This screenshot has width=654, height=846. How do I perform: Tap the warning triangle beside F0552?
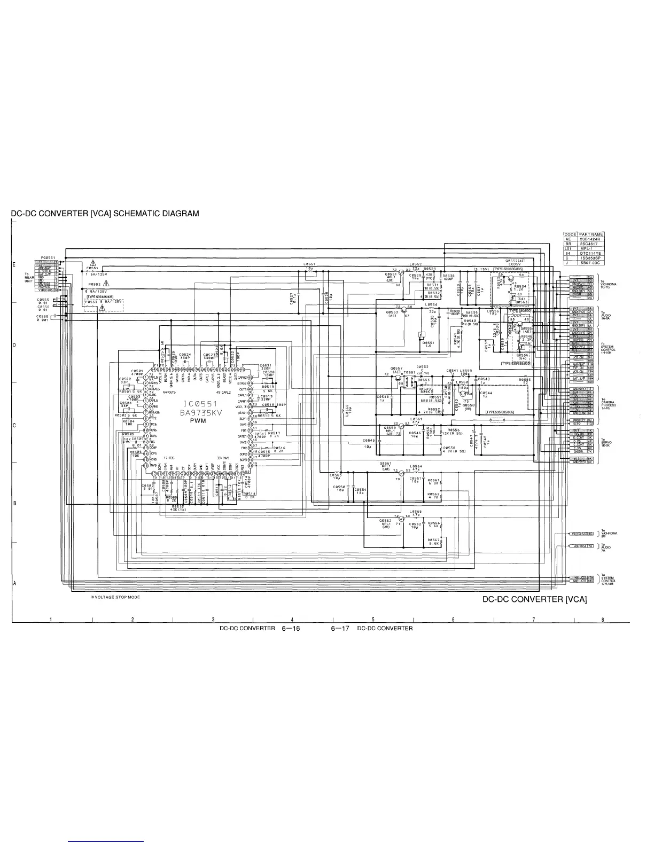106,283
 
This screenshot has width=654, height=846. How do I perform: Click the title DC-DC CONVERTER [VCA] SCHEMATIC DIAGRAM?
105,214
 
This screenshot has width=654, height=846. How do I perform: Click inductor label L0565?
416,511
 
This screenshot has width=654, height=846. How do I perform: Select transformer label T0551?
410,372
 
